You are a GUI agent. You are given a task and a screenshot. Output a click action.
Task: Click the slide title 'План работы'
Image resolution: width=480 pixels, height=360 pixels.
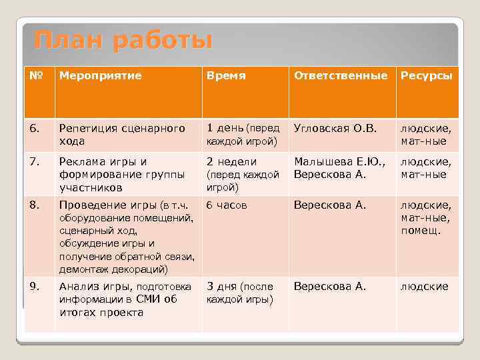123,41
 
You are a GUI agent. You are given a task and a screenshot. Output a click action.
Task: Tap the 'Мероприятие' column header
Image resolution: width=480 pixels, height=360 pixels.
101,76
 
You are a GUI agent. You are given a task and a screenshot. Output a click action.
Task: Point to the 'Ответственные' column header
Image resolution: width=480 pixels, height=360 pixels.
341,76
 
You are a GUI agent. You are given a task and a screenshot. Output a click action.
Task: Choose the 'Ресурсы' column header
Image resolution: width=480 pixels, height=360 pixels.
426,76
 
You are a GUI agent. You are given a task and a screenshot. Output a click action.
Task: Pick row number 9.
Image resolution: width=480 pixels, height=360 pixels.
35,287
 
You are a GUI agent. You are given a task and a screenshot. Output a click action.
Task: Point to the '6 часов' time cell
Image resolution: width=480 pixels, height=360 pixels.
227,205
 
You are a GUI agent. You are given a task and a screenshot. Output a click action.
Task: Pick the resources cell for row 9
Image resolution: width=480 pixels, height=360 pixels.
424,287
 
